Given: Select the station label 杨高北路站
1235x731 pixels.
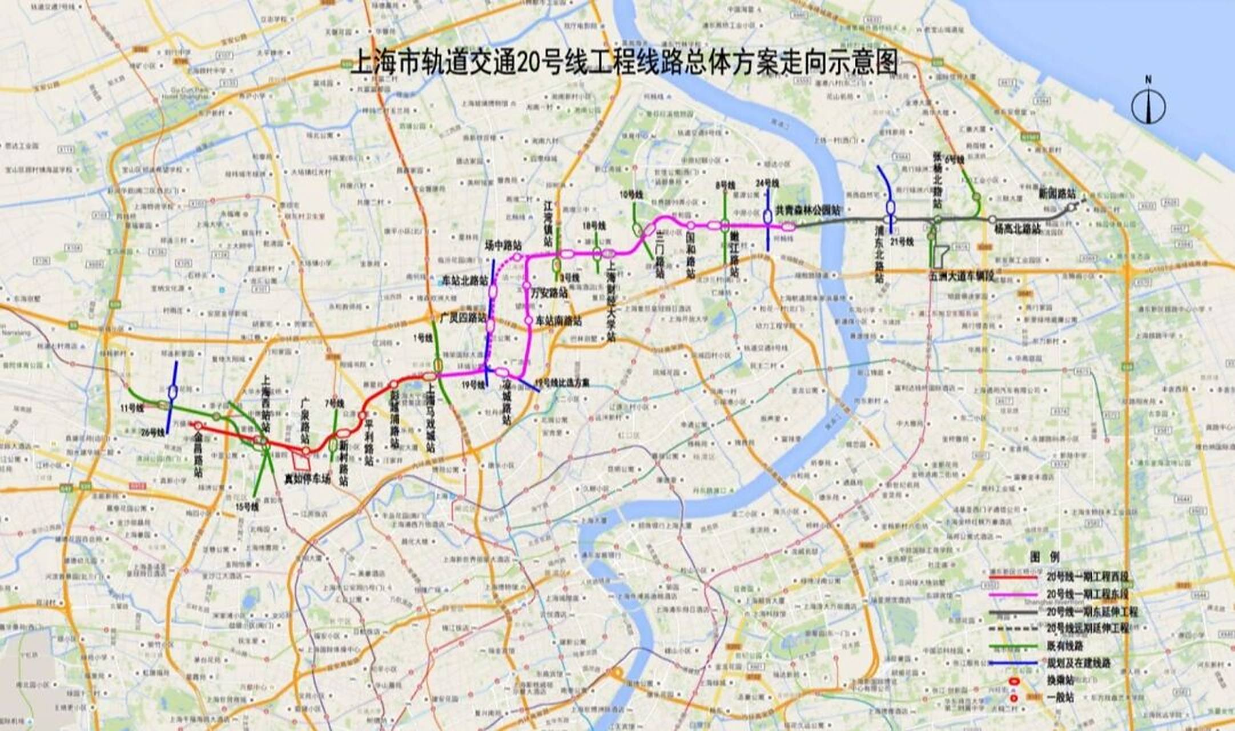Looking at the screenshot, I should [x=1017, y=229].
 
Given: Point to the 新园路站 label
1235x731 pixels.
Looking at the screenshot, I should [x=1056, y=194].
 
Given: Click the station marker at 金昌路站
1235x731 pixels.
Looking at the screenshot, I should [x=198, y=425].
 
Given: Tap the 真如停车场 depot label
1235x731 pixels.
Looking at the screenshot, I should [x=307, y=479].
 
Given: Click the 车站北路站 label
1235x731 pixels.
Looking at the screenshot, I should [x=465, y=281].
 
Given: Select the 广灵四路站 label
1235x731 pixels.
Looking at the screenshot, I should [x=462, y=316].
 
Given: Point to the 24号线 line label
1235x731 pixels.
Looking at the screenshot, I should [x=767, y=183].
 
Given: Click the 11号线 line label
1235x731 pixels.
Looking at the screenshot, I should [x=132, y=408].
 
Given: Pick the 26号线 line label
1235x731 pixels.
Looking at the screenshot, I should [x=153, y=433].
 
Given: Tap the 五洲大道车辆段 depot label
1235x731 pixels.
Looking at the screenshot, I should [x=962, y=276].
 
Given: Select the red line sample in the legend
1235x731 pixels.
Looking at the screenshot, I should [x=1013, y=577].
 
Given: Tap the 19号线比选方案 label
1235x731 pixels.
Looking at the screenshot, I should [x=562, y=382].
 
